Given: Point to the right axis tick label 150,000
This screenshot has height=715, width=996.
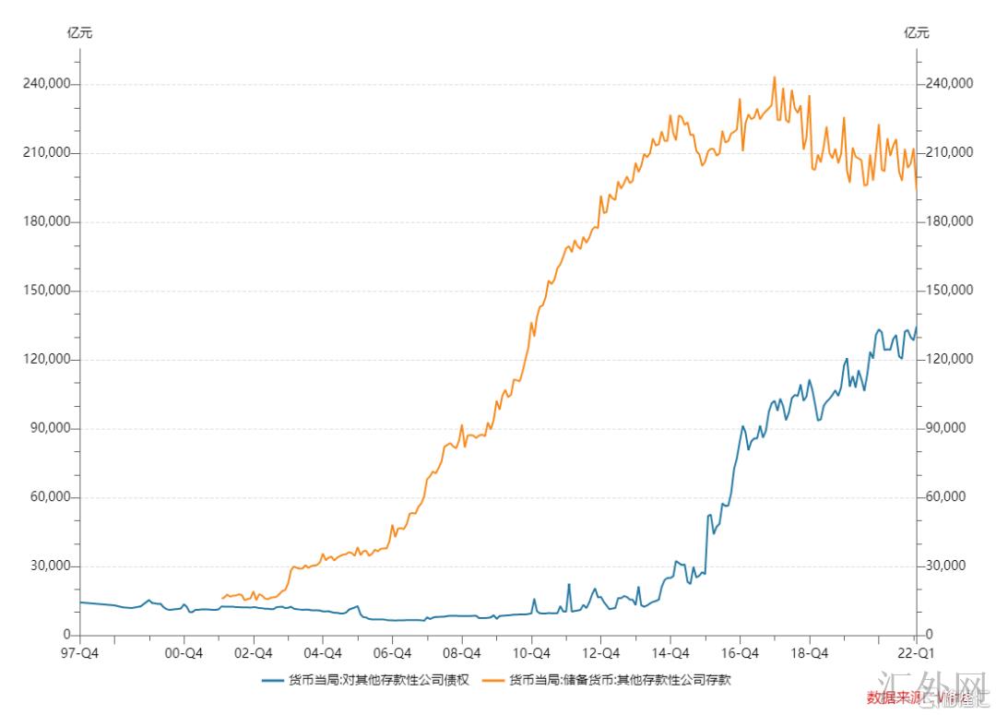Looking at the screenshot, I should click(x=948, y=290).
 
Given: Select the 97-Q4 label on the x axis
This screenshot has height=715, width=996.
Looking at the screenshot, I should click(x=80, y=653).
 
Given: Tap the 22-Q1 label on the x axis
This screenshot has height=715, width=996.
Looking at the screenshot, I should click(x=915, y=653).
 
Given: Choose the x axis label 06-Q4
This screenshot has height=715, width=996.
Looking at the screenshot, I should click(x=392, y=653).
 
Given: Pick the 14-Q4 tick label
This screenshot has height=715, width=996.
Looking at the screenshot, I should click(x=670, y=653).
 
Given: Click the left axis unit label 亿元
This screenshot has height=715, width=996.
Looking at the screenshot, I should click(x=80, y=33).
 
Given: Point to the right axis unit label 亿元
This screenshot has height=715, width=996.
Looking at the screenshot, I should click(x=917, y=33).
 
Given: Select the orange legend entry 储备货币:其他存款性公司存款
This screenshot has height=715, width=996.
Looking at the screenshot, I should click(x=614, y=681).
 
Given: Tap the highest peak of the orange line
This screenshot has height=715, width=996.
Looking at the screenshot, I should click(x=774, y=77).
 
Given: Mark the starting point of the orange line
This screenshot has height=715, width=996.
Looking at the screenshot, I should click(x=221, y=599).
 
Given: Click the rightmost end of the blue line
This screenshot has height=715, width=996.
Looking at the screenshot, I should click(x=917, y=327).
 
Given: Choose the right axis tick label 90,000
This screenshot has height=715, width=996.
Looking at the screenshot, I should click(x=945, y=428).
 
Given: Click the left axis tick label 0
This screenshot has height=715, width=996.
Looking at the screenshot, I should click(x=66, y=635).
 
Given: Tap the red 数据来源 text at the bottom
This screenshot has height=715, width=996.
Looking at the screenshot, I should click(x=899, y=697).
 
